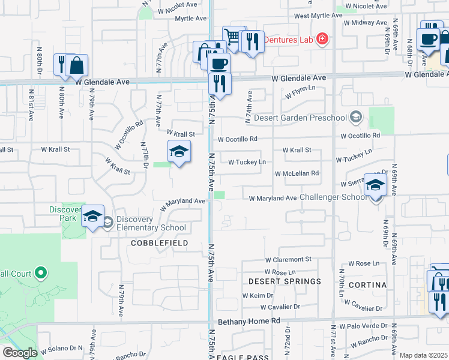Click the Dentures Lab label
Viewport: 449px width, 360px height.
point(291,40)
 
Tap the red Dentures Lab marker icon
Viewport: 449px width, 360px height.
point(322,40)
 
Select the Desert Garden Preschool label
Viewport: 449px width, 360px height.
point(301,118)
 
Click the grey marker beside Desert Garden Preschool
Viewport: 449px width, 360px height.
point(357,116)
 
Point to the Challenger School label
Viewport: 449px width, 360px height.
point(333,197)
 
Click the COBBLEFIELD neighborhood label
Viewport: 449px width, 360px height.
point(160,243)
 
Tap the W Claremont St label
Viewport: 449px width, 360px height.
point(289,260)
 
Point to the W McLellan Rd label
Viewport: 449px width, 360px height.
point(297,173)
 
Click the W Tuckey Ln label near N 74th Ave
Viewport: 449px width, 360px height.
point(247,161)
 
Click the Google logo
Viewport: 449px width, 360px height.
point(19,353)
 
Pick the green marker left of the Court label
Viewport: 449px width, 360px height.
point(41,274)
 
